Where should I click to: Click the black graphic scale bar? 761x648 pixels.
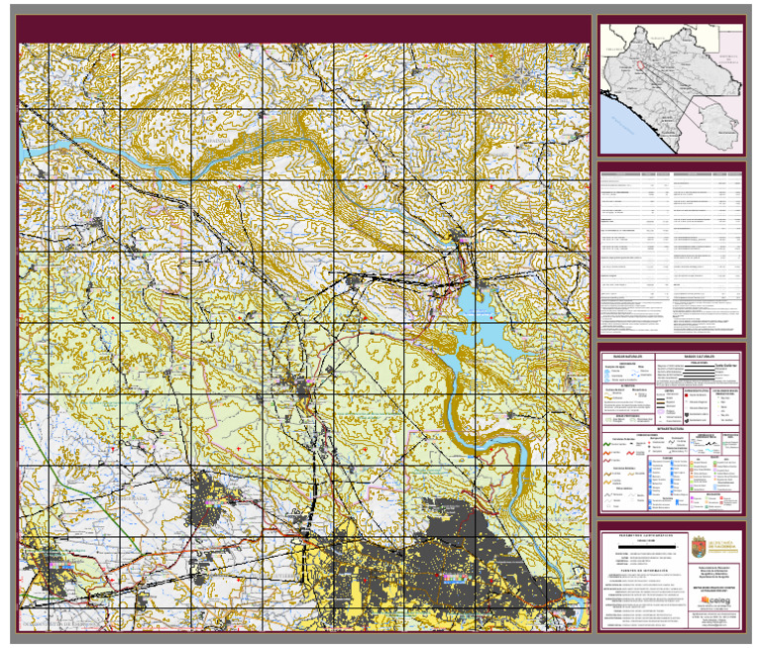[x=644, y=547]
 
